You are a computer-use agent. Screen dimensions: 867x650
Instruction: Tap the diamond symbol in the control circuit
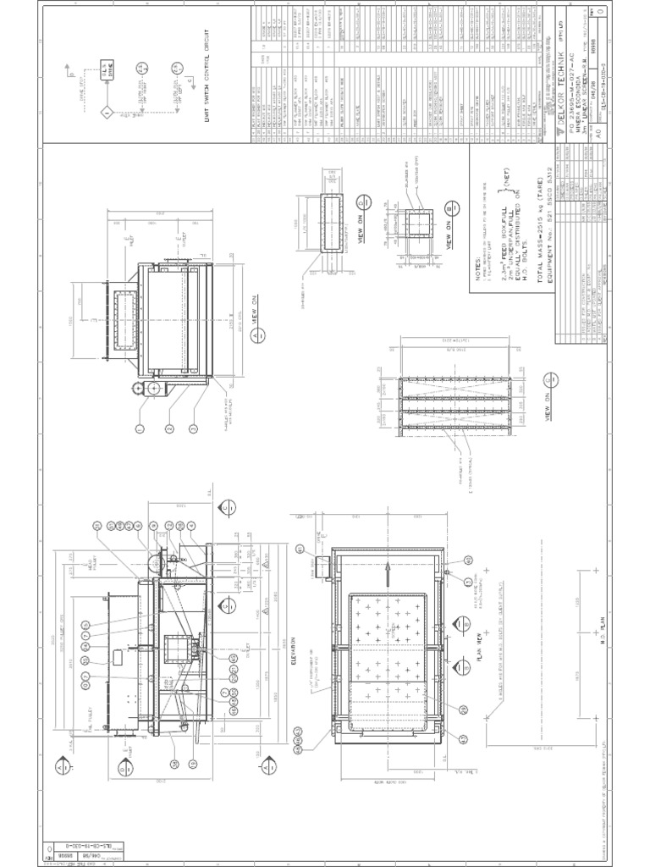tap(107, 111)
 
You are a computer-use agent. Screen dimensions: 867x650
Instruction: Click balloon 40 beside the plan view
tap(468, 561)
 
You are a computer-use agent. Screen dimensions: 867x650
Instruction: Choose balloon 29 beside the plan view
tap(464, 710)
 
